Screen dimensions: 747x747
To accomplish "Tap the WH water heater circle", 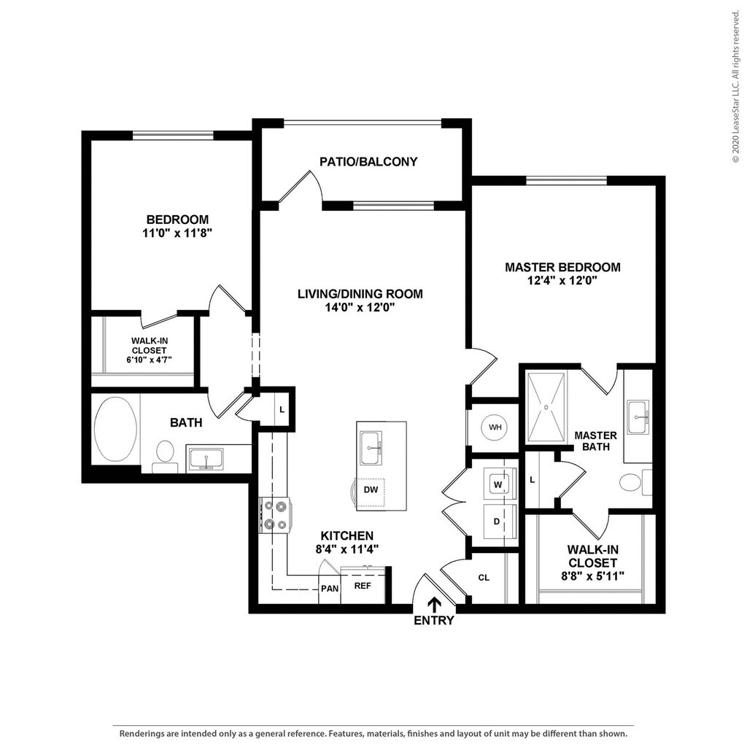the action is point(495,427).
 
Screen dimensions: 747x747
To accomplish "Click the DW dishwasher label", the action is point(371,489).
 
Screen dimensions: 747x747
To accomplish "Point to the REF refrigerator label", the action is point(363,586).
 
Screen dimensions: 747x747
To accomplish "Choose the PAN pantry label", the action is point(330,589).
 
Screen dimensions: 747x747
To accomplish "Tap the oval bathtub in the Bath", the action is point(115,430).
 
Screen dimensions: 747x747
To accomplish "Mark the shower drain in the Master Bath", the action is point(546,407).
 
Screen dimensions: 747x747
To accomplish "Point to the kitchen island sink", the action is point(371,447).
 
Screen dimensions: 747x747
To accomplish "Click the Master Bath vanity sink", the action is point(638,417).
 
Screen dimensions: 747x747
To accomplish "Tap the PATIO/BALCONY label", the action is point(368,162).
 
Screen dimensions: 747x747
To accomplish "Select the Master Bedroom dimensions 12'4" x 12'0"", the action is point(562,281).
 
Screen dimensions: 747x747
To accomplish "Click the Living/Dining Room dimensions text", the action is point(360,308).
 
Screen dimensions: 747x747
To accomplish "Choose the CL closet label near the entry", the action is point(484,578).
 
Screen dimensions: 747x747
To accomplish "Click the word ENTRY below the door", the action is point(433,620).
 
